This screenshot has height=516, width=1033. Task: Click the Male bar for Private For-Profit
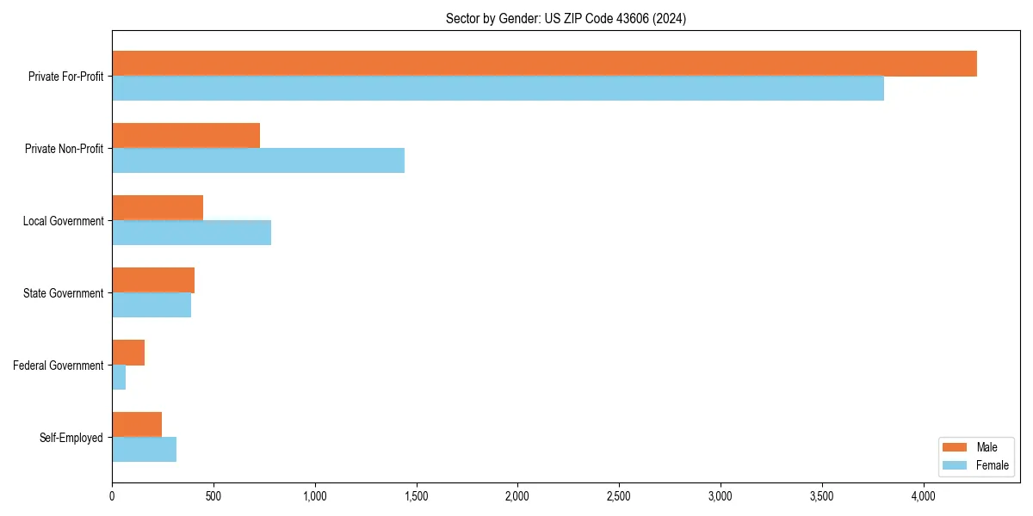click(544, 64)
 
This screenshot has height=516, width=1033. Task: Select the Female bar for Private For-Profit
click(498, 89)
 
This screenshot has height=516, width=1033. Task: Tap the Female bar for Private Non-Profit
click(258, 161)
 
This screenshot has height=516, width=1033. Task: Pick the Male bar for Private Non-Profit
click(186, 136)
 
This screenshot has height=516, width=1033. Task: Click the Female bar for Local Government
click(191, 233)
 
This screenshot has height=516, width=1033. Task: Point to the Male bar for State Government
click(153, 280)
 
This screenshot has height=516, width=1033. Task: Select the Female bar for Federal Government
click(119, 378)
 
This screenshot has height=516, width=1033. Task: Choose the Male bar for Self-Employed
click(137, 425)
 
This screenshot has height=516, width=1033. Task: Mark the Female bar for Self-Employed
click(144, 450)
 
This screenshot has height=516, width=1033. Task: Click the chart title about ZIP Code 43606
click(566, 18)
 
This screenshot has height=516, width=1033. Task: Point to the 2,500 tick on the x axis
click(619, 496)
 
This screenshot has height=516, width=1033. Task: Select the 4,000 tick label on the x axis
click(923, 496)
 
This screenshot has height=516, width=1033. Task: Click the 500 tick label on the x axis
click(213, 496)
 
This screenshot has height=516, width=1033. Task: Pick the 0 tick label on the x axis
click(112, 496)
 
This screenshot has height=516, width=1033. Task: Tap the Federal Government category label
click(58, 365)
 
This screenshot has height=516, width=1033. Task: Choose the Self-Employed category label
click(71, 438)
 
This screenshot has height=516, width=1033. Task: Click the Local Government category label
click(63, 221)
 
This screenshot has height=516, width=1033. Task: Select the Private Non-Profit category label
click(64, 149)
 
